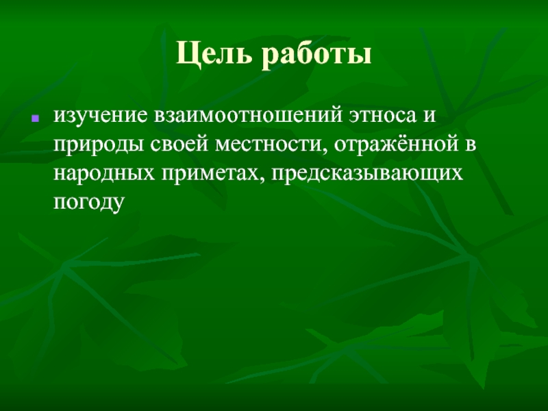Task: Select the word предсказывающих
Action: (x=368, y=174)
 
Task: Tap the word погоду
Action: (x=88, y=203)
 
